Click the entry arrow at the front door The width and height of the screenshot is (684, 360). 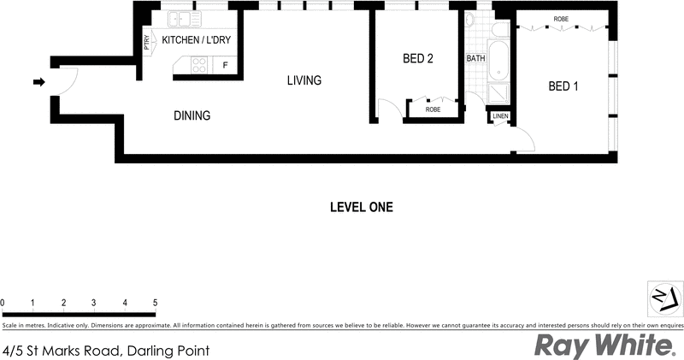(x=38, y=82)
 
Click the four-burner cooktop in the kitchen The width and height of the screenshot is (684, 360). (x=198, y=63)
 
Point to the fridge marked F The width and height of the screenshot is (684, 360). (x=226, y=65)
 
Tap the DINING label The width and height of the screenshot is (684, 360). (x=192, y=115)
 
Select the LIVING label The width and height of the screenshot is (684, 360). (x=304, y=81)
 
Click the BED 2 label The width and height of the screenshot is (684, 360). (x=418, y=59)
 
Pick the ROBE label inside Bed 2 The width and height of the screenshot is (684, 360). (x=433, y=109)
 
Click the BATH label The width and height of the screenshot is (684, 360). (x=475, y=59)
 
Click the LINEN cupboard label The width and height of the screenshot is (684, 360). (x=500, y=115)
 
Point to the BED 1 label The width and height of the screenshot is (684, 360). (x=563, y=86)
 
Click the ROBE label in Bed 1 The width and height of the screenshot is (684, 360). (x=561, y=19)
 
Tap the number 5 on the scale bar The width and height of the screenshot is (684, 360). (x=155, y=303)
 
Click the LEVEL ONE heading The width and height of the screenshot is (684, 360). (x=361, y=207)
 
